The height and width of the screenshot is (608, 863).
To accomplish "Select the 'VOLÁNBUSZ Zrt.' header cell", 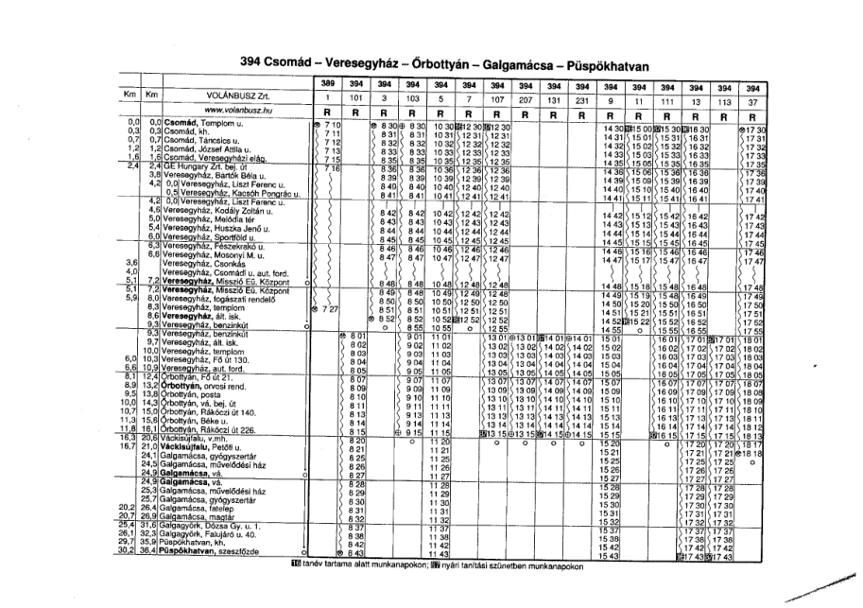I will pos(233,96).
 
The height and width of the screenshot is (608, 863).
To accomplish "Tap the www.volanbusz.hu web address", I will pos(233,111).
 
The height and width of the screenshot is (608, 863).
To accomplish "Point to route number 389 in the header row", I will pos(326,83).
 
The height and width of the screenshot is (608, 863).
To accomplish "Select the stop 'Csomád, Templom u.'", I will pos(201,125).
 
